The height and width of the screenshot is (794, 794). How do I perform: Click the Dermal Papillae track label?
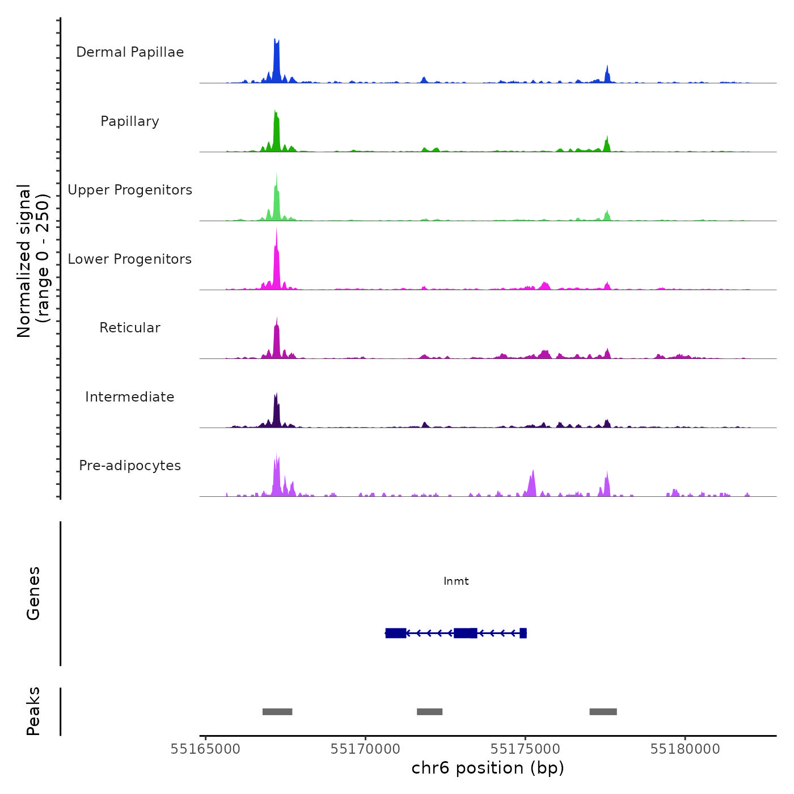click(130, 52)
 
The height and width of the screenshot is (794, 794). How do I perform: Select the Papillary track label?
click(130, 121)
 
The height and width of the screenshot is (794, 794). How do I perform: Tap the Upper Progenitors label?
click(130, 190)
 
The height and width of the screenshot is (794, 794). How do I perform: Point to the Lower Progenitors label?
click(130, 259)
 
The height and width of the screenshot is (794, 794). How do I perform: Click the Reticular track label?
click(130, 328)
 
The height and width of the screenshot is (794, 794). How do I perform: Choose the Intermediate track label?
click(130, 397)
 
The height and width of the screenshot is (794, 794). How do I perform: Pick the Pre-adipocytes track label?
click(130, 466)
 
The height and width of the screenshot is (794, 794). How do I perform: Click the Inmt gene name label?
click(456, 581)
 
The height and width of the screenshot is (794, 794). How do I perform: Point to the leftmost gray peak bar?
click(277, 712)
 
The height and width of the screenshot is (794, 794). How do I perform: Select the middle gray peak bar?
click(429, 712)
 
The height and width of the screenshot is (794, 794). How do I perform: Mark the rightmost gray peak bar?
click(603, 712)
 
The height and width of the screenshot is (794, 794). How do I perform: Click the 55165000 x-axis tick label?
click(205, 749)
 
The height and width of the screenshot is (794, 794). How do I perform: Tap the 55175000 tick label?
click(525, 749)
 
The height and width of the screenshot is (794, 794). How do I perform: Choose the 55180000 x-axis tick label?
click(685, 749)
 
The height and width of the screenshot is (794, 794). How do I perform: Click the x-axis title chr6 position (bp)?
click(488, 768)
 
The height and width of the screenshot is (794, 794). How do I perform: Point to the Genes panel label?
click(33, 593)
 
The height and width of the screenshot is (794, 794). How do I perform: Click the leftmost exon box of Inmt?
click(396, 633)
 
